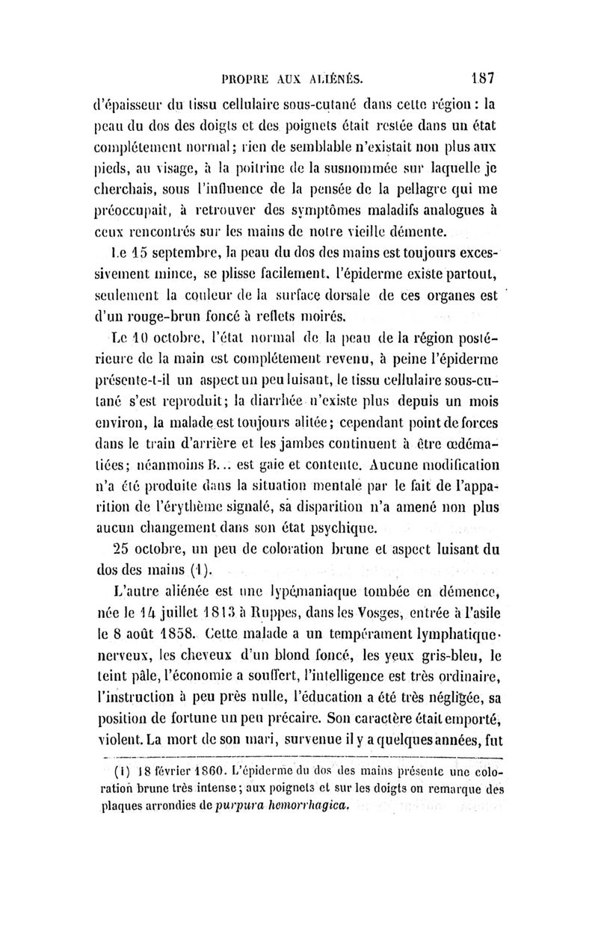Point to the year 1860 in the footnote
[207, 771]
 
